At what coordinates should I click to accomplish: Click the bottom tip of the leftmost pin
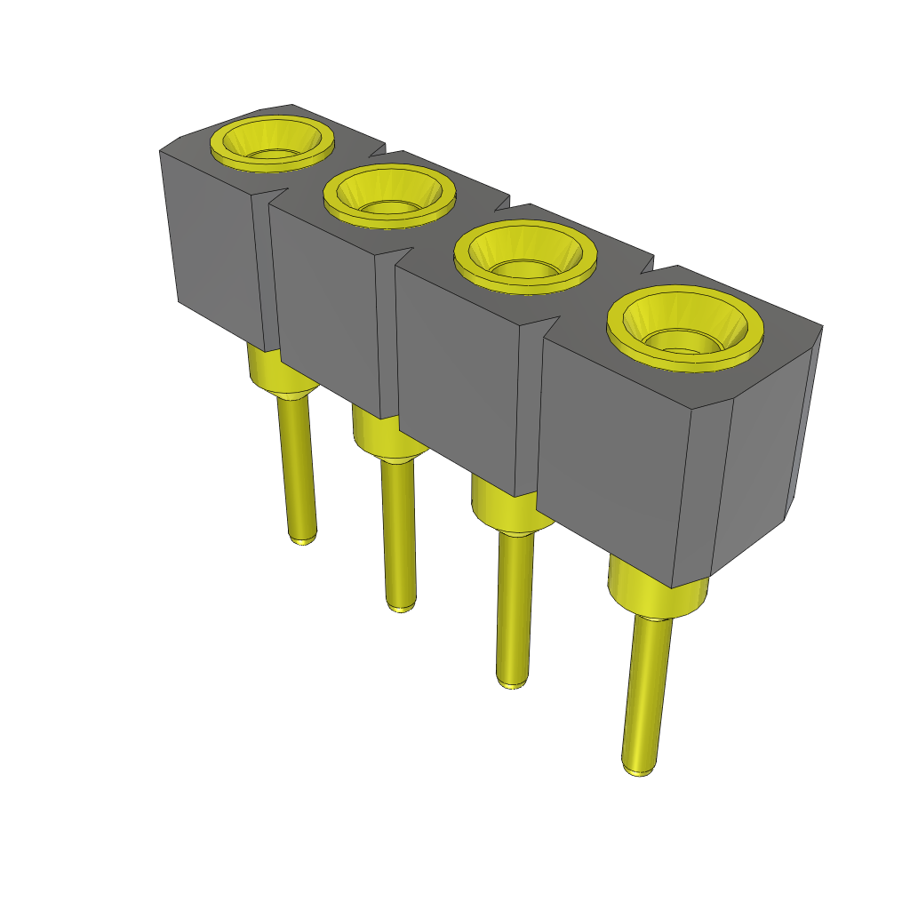(x=303, y=539)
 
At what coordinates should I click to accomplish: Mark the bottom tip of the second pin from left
(x=401, y=607)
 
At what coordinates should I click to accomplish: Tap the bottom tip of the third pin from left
(x=511, y=683)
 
